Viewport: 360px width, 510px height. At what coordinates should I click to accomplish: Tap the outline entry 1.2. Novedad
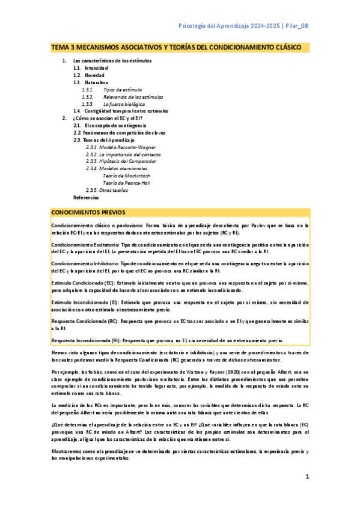click(89, 75)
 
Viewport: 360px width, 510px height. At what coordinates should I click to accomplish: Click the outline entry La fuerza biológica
click(119, 104)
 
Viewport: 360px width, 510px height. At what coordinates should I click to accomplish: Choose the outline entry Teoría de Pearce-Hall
click(125, 183)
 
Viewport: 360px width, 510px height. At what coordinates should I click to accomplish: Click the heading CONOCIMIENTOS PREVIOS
click(88, 213)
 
